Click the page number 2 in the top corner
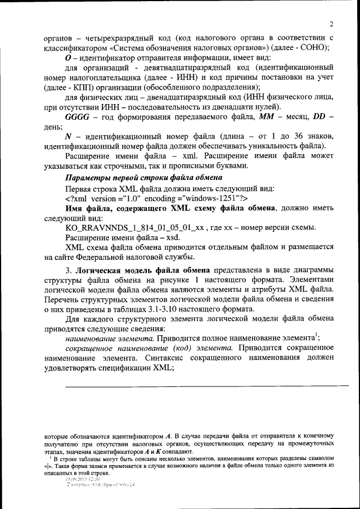tap(332, 24)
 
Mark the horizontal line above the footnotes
tap(205, 386)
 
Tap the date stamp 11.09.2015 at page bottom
tap(82, 479)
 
